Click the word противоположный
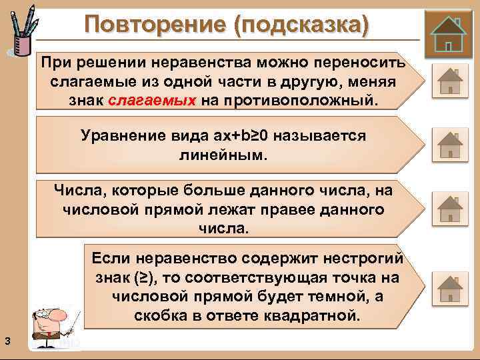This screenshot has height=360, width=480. click(x=307, y=101)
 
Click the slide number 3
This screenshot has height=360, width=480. click(x=6, y=342)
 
